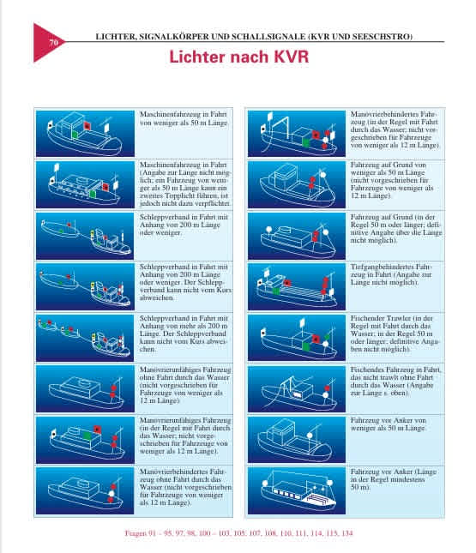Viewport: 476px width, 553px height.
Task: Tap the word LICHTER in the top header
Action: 112,38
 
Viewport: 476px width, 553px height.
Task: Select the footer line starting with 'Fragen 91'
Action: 238,532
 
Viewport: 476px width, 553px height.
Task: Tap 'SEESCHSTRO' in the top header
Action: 384,38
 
